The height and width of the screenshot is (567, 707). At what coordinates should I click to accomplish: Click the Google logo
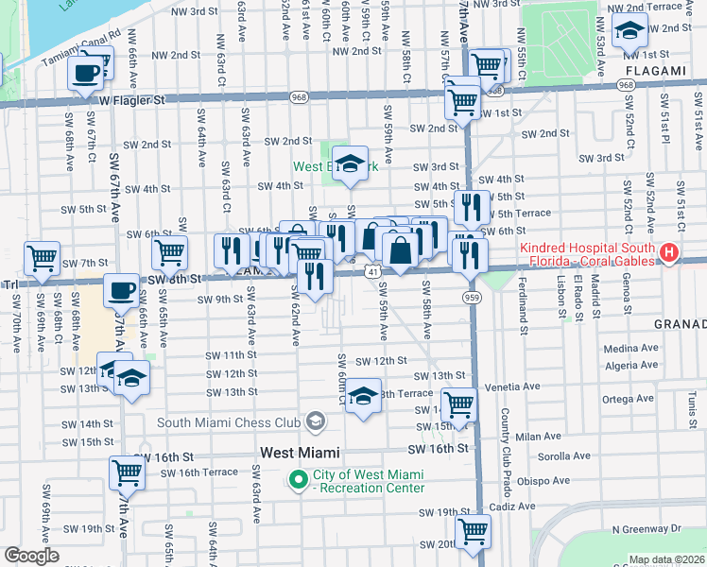(30, 556)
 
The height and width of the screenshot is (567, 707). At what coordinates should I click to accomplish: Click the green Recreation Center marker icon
(300, 480)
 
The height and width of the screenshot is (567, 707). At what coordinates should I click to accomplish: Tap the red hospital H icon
(669, 252)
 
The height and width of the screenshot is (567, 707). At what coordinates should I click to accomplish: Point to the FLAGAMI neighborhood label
(654, 71)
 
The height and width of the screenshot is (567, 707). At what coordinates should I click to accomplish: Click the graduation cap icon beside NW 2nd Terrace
(629, 31)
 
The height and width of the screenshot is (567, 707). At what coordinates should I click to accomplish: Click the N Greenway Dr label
(647, 530)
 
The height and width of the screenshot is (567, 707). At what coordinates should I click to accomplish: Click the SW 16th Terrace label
(205, 472)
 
